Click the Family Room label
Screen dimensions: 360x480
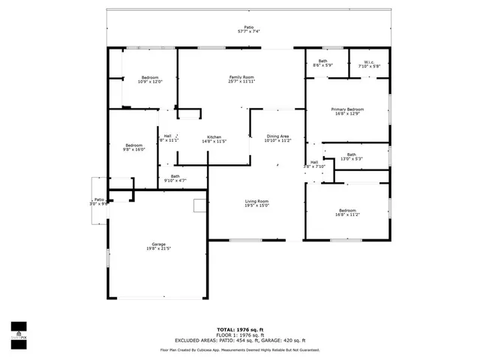(241, 77)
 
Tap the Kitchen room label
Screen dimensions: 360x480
(214, 136)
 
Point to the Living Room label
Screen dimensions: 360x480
(256, 201)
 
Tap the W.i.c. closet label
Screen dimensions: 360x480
(369, 62)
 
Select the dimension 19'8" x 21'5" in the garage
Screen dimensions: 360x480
(158, 249)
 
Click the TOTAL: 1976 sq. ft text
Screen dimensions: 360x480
(240, 329)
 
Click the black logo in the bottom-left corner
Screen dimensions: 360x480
(18, 330)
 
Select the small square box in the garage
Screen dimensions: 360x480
(199, 205)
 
